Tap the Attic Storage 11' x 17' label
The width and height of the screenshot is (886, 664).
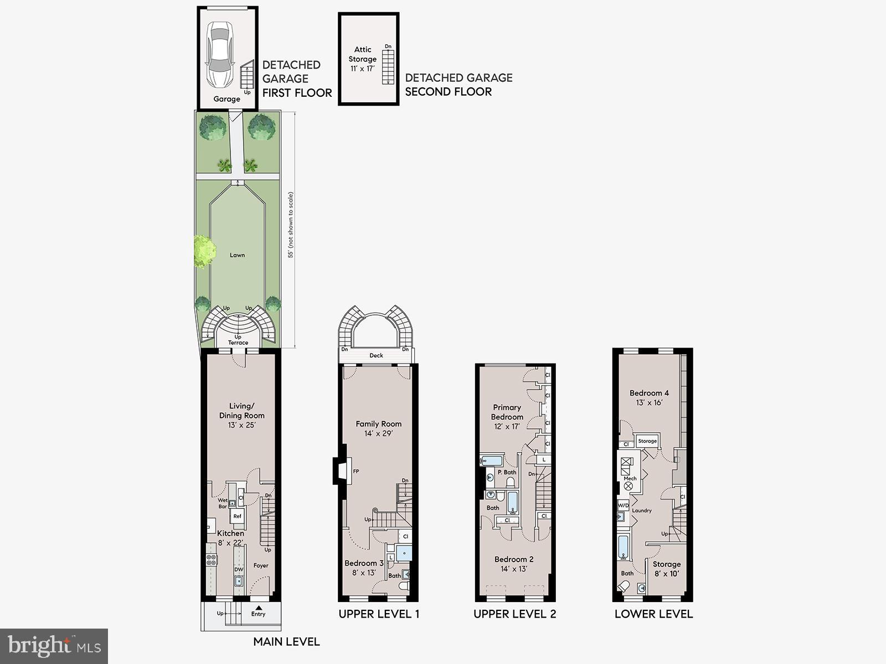(363, 59)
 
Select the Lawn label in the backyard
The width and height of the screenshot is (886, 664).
(237, 255)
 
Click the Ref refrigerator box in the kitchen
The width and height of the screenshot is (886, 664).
(237, 516)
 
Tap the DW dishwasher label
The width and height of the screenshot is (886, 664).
(238, 569)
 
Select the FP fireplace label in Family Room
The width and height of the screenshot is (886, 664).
(356, 471)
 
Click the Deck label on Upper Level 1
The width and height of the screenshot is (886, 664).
(376, 355)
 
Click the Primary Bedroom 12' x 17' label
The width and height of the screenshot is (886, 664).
(507, 417)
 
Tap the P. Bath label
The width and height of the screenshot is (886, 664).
(506, 472)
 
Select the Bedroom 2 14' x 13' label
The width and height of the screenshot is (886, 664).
(514, 564)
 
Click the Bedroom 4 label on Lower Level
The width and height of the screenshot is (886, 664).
(649, 397)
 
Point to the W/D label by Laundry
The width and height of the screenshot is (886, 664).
(623, 505)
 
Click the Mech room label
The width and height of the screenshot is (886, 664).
(630, 478)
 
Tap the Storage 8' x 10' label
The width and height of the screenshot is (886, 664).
(666, 569)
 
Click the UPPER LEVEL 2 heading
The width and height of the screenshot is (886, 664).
(514, 614)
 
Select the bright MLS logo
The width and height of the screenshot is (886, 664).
(54, 646)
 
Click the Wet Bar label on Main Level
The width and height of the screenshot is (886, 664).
(223, 503)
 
